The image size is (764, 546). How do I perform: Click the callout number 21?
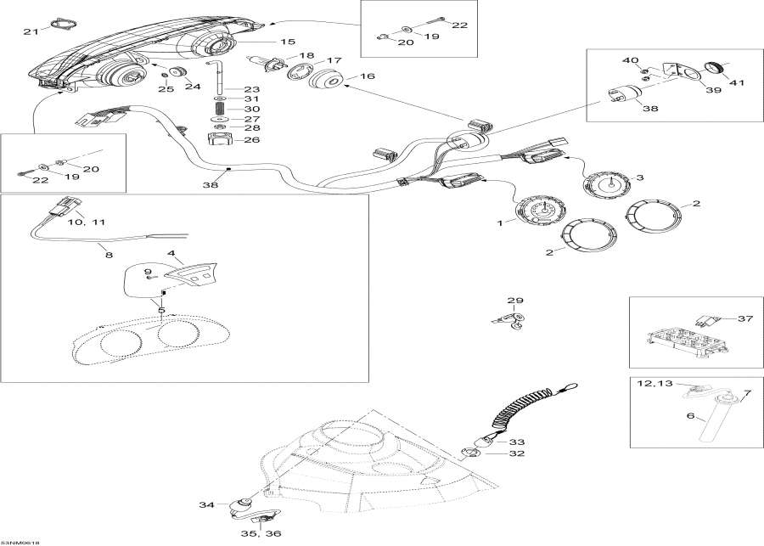coord(31,31)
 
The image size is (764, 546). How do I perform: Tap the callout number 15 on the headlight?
coord(288,41)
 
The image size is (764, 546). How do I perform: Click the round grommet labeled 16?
coord(327,83)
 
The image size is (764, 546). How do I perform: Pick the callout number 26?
coord(252,139)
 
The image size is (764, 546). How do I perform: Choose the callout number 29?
coord(516,301)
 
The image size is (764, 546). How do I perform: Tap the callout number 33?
coord(517,442)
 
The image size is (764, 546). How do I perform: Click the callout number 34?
coord(207,505)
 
